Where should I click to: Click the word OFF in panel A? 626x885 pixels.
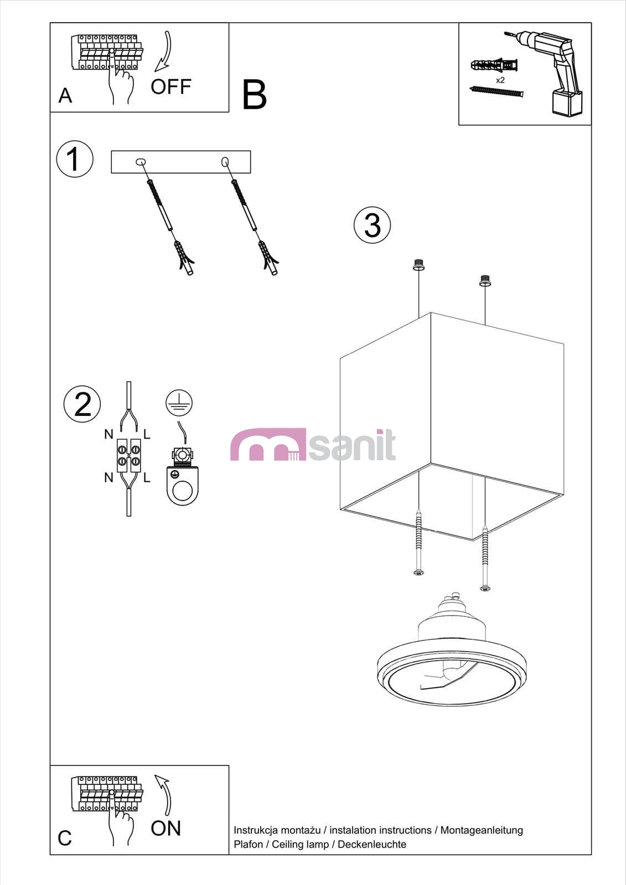click(171, 86)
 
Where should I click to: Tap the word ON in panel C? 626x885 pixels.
click(165, 828)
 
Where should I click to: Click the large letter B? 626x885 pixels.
click(254, 95)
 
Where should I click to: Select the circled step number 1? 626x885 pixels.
click(75, 159)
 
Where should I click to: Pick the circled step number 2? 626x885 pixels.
click(82, 404)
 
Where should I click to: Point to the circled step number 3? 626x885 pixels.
click(372, 225)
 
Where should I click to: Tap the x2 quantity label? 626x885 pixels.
click(500, 80)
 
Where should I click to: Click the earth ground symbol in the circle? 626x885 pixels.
click(179, 403)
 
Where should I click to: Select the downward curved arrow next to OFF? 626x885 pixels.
click(167, 51)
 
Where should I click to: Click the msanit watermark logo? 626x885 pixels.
click(313, 445)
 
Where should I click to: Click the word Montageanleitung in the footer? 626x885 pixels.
click(482, 830)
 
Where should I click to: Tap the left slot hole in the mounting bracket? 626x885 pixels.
click(141, 162)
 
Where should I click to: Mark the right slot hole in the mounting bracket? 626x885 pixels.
click(225, 162)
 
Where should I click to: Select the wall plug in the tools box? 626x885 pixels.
click(494, 64)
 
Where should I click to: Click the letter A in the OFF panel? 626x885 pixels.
click(65, 96)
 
